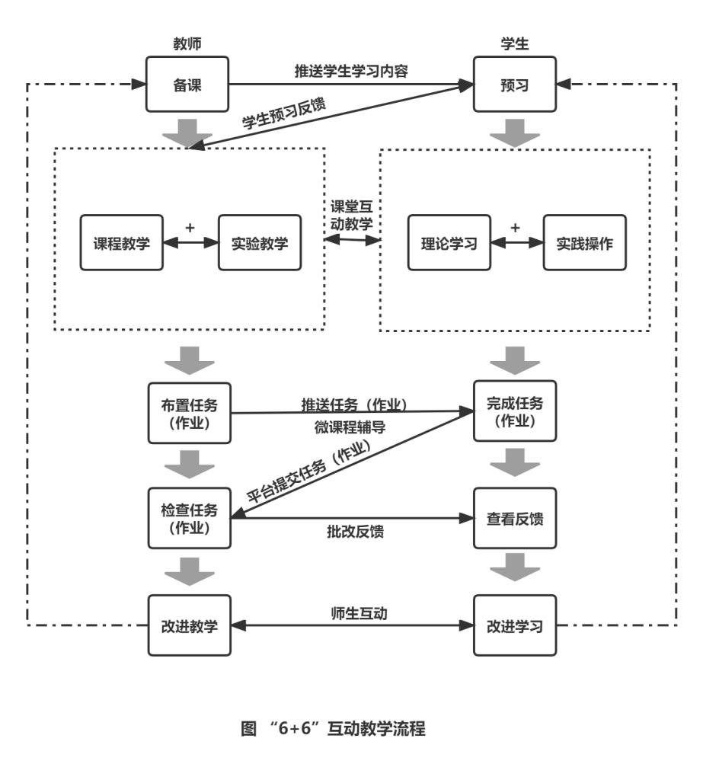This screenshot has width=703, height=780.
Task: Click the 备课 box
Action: coord(187,84)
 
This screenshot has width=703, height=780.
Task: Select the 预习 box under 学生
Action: coord(515,84)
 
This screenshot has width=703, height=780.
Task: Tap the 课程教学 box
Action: coord(122,243)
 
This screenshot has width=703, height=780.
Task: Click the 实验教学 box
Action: coord(260,243)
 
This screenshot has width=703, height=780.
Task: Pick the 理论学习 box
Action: coord(449,243)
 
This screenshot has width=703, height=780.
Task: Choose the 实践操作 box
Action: coord(584,243)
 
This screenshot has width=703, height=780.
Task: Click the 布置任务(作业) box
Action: coord(187,413)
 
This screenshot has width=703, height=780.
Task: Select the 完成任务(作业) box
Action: coord(515,411)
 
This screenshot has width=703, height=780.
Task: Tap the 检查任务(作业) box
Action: coord(187,518)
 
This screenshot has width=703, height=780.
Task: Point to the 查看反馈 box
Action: coord(515,519)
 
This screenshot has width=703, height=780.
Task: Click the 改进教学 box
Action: coord(187,626)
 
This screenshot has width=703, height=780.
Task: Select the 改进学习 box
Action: coord(515,626)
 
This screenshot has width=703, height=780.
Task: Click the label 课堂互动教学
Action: coord(351,215)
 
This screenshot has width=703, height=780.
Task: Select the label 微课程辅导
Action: coord(350,427)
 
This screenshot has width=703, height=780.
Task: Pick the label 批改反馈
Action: coord(350,532)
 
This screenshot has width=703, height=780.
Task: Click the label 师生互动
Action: coord(351,613)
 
